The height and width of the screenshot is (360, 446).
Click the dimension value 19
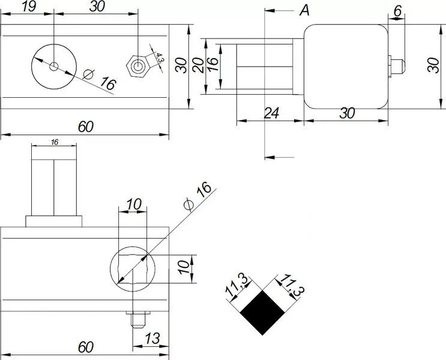click(x=29, y=6)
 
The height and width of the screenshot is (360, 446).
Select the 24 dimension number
click(x=272, y=113)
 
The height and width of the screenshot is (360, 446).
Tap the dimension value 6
click(x=397, y=11)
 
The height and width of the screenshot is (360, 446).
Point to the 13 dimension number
click(x=152, y=338)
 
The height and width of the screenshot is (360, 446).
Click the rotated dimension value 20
click(x=198, y=65)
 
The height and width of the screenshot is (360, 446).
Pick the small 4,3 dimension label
click(x=159, y=58)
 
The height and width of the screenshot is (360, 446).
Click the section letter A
click(x=304, y=11)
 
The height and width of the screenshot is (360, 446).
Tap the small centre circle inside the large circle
click(x=54, y=67)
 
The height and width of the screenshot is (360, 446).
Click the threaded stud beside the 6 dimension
click(x=397, y=66)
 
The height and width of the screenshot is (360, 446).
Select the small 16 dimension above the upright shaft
click(x=55, y=142)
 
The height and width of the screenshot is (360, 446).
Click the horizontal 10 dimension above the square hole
click(x=134, y=204)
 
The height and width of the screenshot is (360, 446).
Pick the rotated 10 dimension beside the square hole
click(x=184, y=268)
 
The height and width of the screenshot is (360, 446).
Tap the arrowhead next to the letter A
click(x=270, y=11)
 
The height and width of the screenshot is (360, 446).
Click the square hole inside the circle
click(x=132, y=269)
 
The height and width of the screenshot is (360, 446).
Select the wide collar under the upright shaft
click(x=54, y=221)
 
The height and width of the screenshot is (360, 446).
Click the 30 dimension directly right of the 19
click(x=97, y=6)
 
